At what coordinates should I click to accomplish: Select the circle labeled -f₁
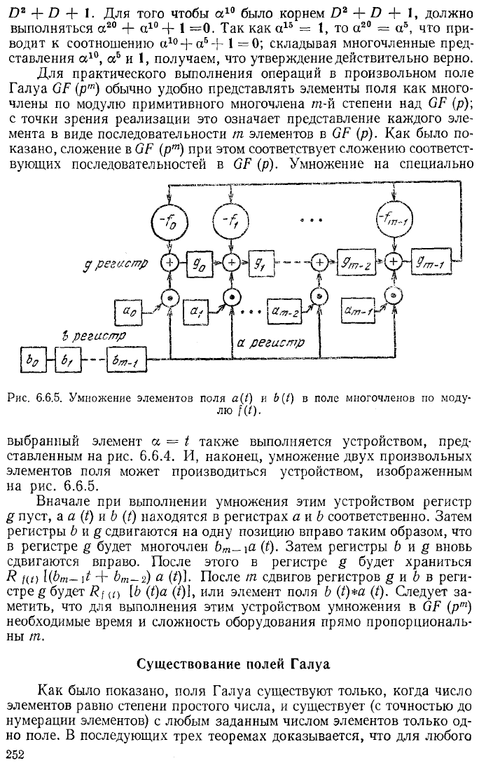pos(230,222)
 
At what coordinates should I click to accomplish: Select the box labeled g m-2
pos(354,263)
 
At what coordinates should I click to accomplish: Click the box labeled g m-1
pos(430,263)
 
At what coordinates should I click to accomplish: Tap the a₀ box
pos(129,312)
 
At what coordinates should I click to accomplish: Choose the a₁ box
pos(195,311)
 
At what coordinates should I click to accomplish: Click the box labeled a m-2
pos(284,310)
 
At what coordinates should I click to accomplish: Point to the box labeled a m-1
pos(359,310)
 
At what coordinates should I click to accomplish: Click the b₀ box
pos(32,359)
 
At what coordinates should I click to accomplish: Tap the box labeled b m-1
pos(127,359)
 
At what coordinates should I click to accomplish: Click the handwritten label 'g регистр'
pos(116,263)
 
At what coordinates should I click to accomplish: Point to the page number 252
pos(15,754)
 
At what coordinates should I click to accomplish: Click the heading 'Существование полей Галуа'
pos(233,664)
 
